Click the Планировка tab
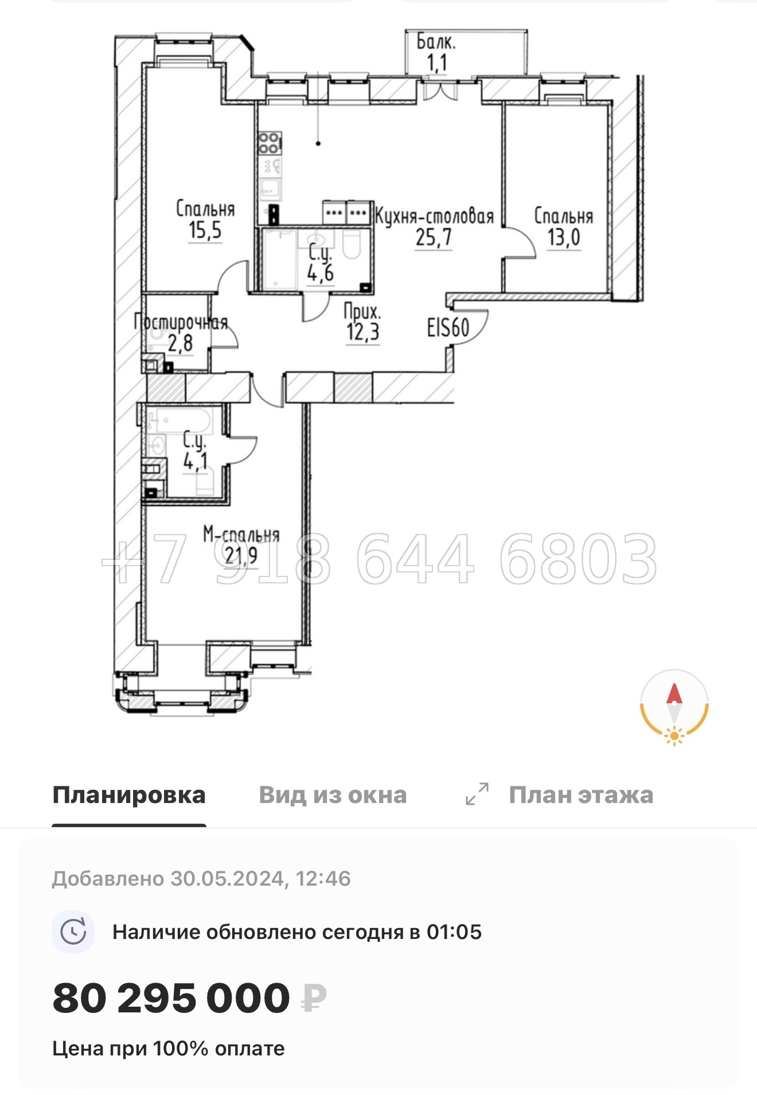click(x=129, y=795)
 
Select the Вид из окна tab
click(x=333, y=795)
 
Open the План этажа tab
click(x=581, y=795)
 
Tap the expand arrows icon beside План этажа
click(x=477, y=794)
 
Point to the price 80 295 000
click(x=171, y=998)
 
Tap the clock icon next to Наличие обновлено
click(x=73, y=932)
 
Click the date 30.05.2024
click(x=228, y=879)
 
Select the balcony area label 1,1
click(x=437, y=62)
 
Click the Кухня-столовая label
click(x=434, y=217)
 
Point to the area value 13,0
click(x=564, y=237)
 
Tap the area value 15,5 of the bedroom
click(x=205, y=231)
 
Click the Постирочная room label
click(x=181, y=322)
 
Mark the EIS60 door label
click(x=448, y=328)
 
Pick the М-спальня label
click(x=241, y=535)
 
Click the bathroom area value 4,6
click(x=321, y=273)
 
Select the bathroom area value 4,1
click(x=196, y=461)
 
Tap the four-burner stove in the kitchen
click(x=269, y=143)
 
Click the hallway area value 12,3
click(x=363, y=332)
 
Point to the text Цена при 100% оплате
click(x=169, y=1049)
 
